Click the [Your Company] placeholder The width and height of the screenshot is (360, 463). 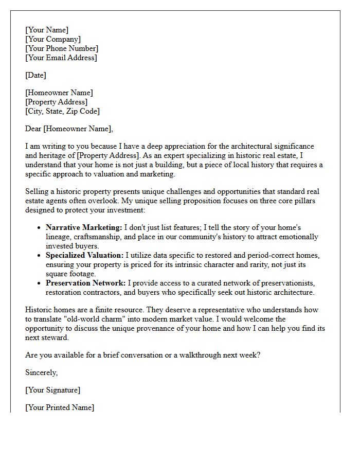coord(53,39)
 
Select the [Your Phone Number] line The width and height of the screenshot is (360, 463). coord(62,48)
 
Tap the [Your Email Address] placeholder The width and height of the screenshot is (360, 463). coord(61,58)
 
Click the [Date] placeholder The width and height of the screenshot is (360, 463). coord(35,75)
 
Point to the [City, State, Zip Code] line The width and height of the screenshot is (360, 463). coord(62,111)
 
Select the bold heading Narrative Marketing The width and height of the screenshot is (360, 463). coord(84,227)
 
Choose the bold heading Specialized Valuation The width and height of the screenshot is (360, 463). coord(85,255)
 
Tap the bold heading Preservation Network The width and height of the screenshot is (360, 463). coord(85,283)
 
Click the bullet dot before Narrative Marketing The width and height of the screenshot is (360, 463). coord(39,228)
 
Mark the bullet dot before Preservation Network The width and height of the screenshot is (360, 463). coord(39,283)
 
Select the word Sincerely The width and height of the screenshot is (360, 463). coord(42,372)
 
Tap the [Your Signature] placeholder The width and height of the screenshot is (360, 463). coord(52,390)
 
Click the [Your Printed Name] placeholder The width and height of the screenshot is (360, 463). coord(60,407)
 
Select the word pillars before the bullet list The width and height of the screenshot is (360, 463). coord(307,201)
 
